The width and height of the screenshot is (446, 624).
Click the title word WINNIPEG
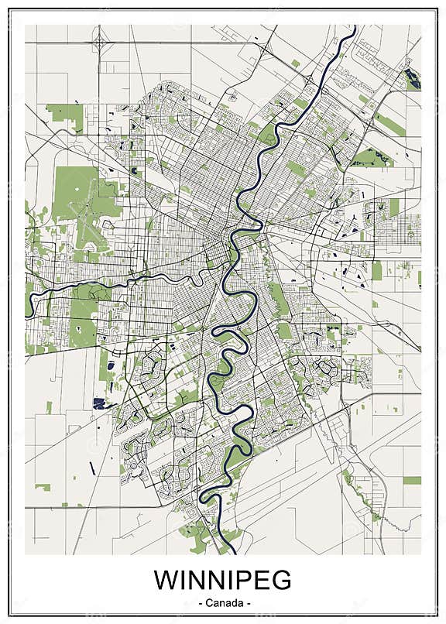point(222,580)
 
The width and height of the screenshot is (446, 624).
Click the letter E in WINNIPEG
point(257,580)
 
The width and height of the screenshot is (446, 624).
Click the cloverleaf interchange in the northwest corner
point(99,39)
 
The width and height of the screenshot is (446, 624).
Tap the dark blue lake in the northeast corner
point(411,77)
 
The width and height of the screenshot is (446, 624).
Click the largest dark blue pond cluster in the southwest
point(98,402)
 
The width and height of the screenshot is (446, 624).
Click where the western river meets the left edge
point(27,302)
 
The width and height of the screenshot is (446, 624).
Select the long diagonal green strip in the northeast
point(389,124)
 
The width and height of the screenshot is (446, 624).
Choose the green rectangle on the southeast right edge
point(412,480)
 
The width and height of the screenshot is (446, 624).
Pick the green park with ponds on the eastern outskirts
point(370,159)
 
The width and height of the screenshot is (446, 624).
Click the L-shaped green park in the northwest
point(68,115)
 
